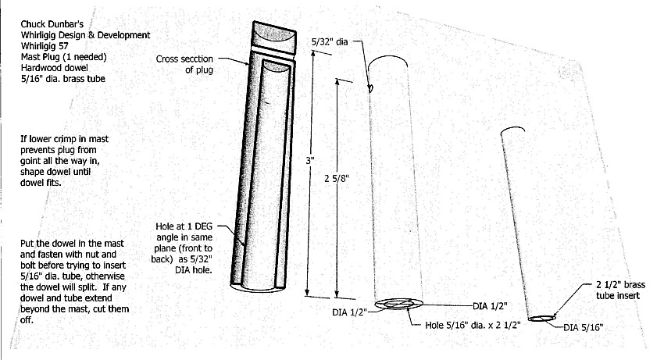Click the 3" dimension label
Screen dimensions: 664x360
click(310, 161)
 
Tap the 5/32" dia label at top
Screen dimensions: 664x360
click(329, 41)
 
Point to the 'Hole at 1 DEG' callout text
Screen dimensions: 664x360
click(186, 228)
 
